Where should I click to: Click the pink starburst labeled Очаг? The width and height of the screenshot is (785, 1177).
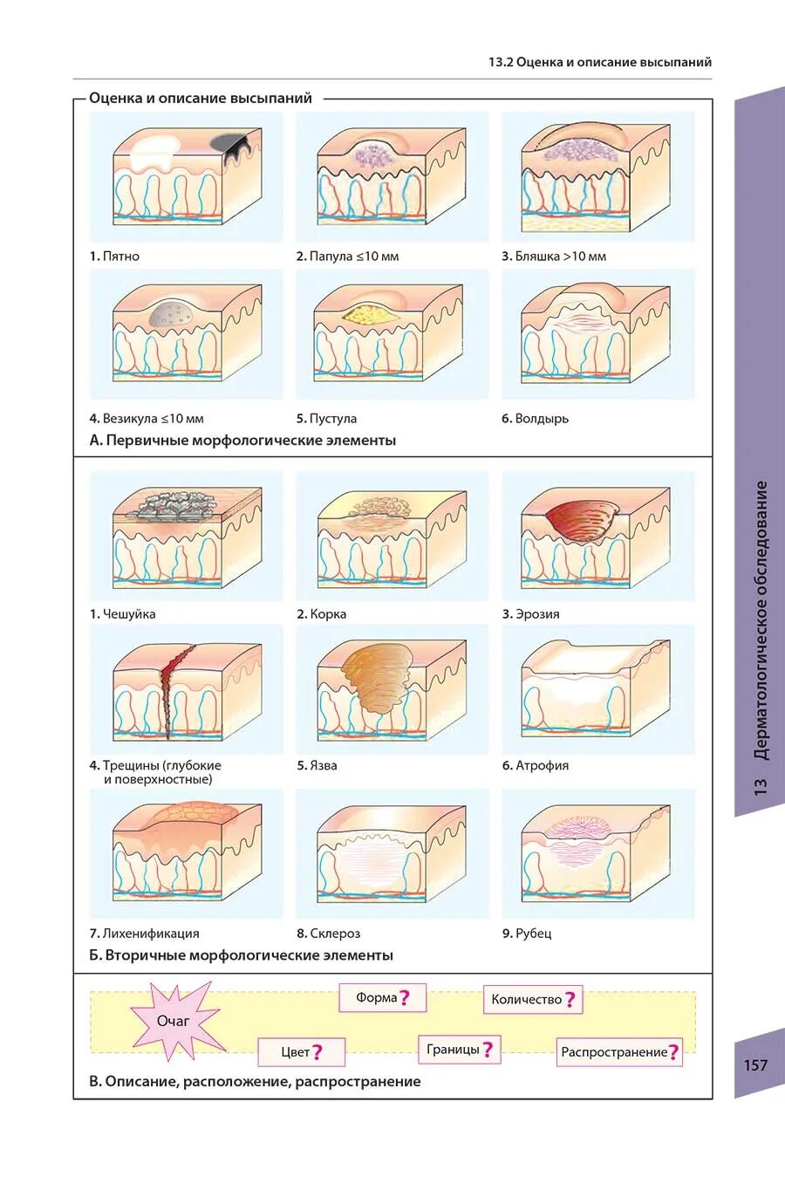point(173,1021)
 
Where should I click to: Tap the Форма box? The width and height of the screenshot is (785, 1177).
point(382,997)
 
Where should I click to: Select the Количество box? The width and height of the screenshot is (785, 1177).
point(532,1000)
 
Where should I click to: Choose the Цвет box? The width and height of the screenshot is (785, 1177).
point(301,1051)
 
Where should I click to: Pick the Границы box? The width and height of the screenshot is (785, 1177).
point(459,1049)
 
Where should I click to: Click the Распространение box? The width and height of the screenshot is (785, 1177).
point(619,1051)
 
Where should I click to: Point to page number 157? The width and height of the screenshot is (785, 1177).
point(755,1064)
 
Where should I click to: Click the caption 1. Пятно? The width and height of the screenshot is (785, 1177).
point(114,257)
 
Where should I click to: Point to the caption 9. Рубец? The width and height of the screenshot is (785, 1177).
point(527,934)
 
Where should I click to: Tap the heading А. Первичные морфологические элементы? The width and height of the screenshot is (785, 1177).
point(242,441)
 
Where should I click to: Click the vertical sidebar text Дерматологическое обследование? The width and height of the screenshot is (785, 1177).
point(761,619)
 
